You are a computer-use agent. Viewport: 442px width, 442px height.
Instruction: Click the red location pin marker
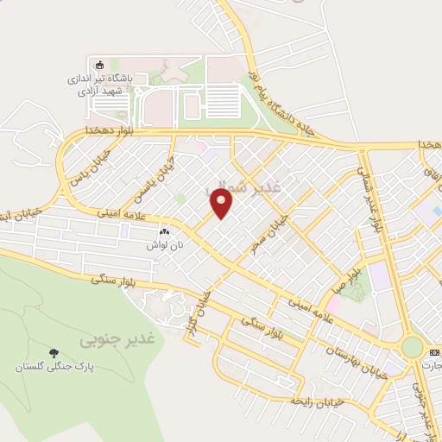click(222, 203)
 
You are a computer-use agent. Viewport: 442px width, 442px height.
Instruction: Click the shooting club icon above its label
click(98, 65)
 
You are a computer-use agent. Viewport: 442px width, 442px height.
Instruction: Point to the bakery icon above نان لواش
click(165, 231)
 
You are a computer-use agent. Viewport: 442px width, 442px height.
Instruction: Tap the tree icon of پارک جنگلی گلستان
click(54, 353)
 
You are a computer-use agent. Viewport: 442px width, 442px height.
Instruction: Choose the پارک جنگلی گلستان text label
click(54, 367)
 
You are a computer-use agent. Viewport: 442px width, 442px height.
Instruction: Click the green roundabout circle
click(413, 348)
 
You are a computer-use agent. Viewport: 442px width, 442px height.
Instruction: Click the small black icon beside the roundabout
click(434, 351)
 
